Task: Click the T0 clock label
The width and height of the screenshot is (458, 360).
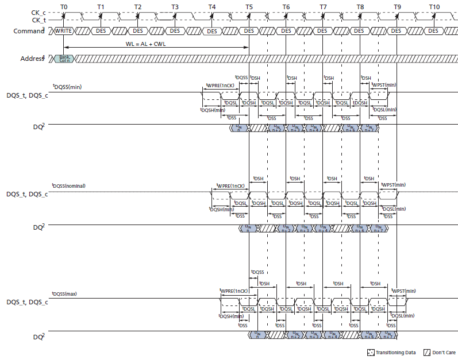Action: pyautogui.click(x=63, y=6)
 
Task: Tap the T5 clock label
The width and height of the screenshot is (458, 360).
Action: pyautogui.click(x=249, y=6)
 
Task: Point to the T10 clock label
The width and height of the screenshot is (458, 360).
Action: pyautogui.click(x=434, y=6)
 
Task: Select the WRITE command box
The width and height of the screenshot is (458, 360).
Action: pyautogui.click(x=63, y=30)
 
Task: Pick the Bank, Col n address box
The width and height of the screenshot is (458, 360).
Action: pyautogui.click(x=64, y=59)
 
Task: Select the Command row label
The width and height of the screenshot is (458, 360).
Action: pyautogui.click(x=29, y=30)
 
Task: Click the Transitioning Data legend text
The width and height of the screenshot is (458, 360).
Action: pyautogui.click(x=395, y=353)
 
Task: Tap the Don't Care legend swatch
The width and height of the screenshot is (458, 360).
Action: pyautogui.click(x=427, y=353)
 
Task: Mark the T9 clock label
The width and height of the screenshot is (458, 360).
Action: pyautogui.click(x=397, y=6)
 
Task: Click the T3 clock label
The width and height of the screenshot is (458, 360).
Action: pyautogui.click(x=175, y=6)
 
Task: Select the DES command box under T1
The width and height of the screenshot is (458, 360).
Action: pyautogui.click(x=101, y=30)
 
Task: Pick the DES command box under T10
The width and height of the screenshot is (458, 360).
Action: pyautogui.click(x=433, y=30)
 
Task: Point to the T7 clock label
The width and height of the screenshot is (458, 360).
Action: pyautogui.click(x=323, y=6)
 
